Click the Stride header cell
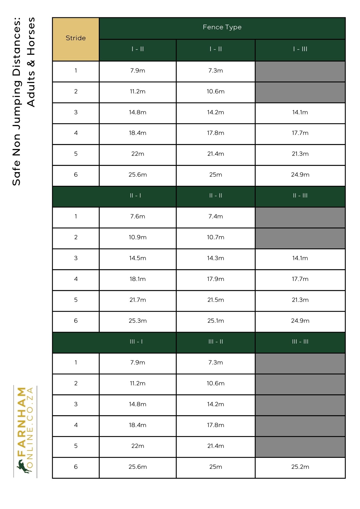point(76,38)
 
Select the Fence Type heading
point(222,27)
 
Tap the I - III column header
point(300,49)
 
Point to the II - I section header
point(135,196)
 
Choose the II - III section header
point(300,196)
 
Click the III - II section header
point(216,342)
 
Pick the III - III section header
point(300,342)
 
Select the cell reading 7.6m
point(137,217)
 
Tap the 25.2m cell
point(300,467)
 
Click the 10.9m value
point(137,237)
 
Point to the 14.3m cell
point(216,258)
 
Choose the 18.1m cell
point(137,279)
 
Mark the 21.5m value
point(216,300)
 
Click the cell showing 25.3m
point(137,321)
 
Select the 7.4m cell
point(216,217)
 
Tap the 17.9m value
point(216,279)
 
